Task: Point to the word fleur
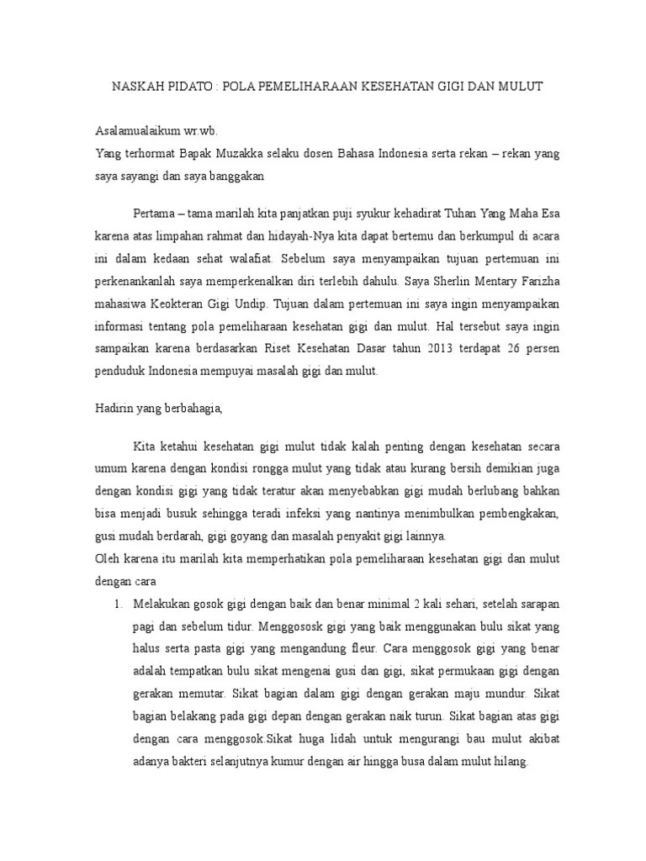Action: click(x=363, y=650)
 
